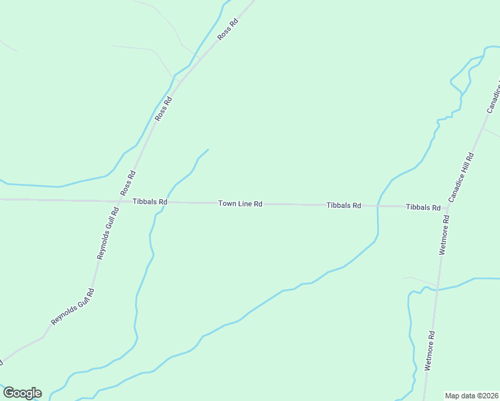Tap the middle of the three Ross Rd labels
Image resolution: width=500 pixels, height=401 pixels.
point(164,109)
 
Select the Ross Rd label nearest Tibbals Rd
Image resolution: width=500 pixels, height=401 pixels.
point(128,183)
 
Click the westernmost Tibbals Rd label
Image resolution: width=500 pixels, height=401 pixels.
point(150,202)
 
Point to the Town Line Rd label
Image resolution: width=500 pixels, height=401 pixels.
point(240,203)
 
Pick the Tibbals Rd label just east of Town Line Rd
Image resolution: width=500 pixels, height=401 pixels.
point(344,205)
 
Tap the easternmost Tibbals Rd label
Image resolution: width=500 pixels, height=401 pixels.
point(423,207)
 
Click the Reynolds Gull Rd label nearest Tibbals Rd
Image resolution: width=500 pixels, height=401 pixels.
point(108,233)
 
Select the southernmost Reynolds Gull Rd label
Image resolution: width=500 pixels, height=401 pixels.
point(73,307)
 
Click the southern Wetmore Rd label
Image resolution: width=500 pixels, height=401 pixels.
point(431,351)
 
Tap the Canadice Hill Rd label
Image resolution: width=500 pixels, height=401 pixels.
point(461,178)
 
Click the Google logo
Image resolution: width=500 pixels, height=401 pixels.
point(22,393)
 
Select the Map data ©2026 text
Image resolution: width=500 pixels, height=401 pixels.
point(471,396)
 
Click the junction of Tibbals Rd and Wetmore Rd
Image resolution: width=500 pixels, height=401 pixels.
point(446,207)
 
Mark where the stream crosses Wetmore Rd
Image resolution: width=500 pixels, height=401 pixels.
point(436,290)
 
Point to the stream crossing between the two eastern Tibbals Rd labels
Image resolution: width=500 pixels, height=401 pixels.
point(378,206)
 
